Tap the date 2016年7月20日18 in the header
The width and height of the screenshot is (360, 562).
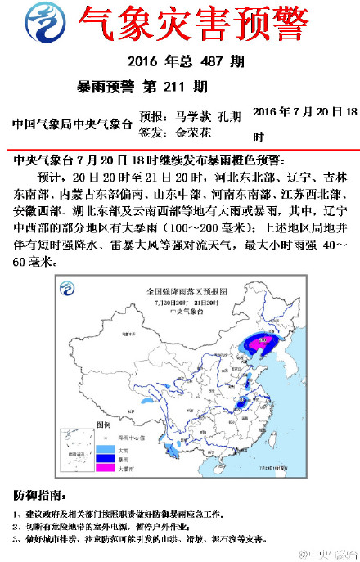tap(304, 112)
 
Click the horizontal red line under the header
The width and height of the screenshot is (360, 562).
tap(180, 149)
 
